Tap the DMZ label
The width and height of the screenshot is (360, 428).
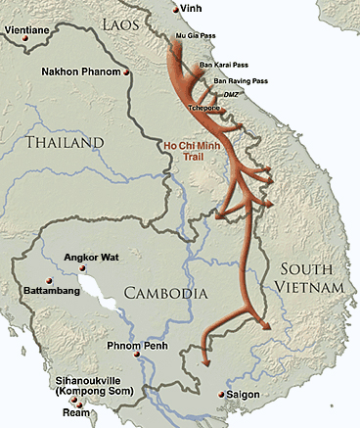(232, 93)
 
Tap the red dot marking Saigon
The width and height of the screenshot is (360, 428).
(217, 396)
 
